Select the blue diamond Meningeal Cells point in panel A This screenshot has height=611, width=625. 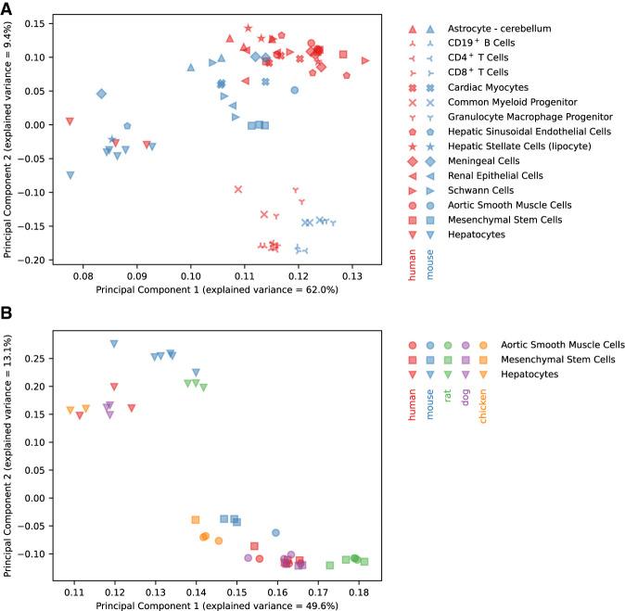click(101, 94)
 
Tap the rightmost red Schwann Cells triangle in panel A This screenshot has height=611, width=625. click(365, 61)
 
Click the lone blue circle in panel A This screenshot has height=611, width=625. click(295, 90)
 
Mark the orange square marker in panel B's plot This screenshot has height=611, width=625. click(196, 520)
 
